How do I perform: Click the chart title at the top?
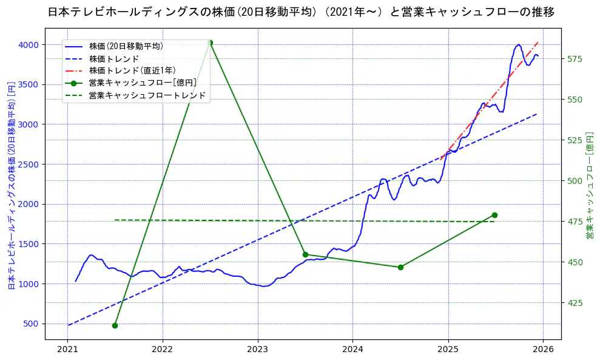point(300,12)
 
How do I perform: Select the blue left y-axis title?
point(12,185)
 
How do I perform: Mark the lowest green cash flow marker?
point(115,325)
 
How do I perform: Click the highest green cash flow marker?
point(210,42)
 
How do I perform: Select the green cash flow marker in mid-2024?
point(400,267)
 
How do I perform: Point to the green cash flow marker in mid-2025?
point(494,215)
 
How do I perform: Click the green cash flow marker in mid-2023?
point(305,254)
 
